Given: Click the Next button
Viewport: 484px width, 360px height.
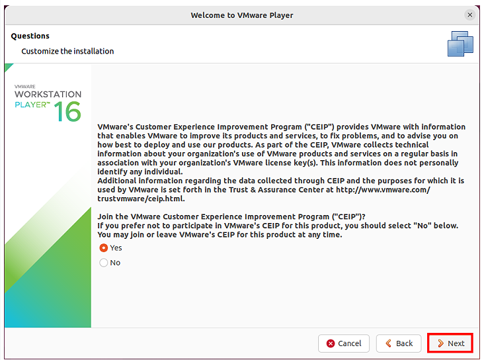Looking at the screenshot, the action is coord(450,343).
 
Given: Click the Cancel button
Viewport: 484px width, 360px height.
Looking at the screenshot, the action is coord(344,343).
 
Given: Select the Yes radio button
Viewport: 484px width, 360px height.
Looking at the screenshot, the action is coord(104,247).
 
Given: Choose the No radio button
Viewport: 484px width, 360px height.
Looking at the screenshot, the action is coord(104,263).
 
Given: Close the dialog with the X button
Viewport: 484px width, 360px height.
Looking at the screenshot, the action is coord(470,15).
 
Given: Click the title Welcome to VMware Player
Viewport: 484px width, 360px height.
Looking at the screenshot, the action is coord(242,15).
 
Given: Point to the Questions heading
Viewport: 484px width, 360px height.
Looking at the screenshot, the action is coord(30,36).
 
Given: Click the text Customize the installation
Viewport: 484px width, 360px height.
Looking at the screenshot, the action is coord(67,51).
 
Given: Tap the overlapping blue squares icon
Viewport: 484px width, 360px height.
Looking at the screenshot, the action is coord(460,44).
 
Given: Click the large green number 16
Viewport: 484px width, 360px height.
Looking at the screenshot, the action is coord(67,112).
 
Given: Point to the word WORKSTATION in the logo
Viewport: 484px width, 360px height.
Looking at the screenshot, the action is coord(48,94).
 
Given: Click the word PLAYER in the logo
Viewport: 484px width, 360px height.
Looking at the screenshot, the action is coord(30,105).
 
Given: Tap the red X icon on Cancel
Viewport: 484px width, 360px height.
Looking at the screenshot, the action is coord(331,343).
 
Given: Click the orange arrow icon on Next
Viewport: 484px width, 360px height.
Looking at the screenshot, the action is coord(441,343).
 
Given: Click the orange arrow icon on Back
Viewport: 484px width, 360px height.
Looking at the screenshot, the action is coord(389,343).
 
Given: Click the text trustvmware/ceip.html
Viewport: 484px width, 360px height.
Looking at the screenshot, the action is coord(141,199).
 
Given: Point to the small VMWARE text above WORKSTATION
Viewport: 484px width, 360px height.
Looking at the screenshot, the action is coord(25,87).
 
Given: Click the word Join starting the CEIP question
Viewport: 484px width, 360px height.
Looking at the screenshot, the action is coord(105,216).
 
